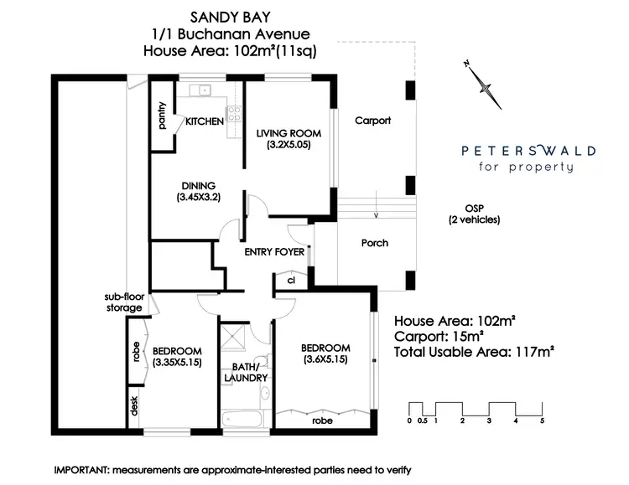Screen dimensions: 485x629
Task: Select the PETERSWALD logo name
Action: click(x=529, y=151)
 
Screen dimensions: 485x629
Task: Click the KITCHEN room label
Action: click(x=204, y=121)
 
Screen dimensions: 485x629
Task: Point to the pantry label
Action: click(x=163, y=116)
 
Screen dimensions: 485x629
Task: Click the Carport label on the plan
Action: click(x=372, y=121)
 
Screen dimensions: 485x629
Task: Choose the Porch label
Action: click(x=374, y=243)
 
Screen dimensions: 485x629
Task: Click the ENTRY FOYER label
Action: click(x=274, y=251)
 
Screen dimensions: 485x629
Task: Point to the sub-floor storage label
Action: click(x=122, y=302)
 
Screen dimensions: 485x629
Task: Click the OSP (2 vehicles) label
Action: click(x=474, y=214)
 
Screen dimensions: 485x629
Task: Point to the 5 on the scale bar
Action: click(x=543, y=421)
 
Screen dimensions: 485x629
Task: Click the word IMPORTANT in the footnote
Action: click(x=81, y=471)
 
